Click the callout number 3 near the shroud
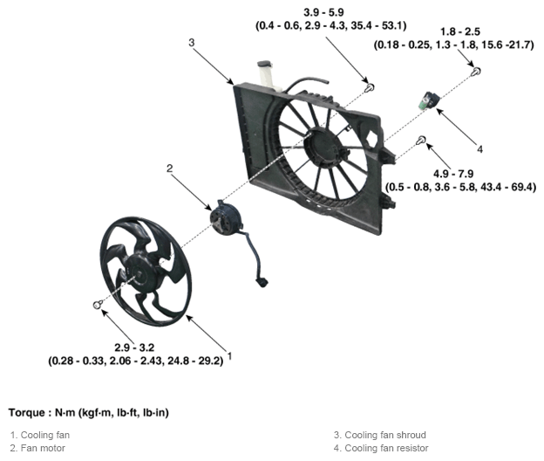pyautogui.click(x=192, y=43)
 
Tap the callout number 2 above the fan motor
pyautogui.click(x=169, y=169)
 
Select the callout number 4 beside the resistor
pyautogui.click(x=479, y=149)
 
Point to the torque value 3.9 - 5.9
pyautogui.click(x=323, y=12)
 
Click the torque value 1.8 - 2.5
pyautogui.click(x=460, y=32)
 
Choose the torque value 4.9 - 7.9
pyautogui.click(x=453, y=174)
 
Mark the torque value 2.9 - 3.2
pyautogui.click(x=134, y=347)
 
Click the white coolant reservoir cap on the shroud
pyautogui.click(x=264, y=64)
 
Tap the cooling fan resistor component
pyautogui.click(x=429, y=100)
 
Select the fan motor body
pyautogui.click(x=224, y=218)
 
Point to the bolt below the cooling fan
pyautogui.click(x=98, y=305)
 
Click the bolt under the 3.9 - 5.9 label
pyautogui.click(x=371, y=88)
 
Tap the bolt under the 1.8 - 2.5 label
pyautogui.click(x=476, y=72)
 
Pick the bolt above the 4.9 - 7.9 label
pyautogui.click(x=422, y=140)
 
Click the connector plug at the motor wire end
pyautogui.click(x=262, y=282)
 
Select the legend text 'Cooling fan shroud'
pyautogui.click(x=385, y=435)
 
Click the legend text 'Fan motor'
pyautogui.click(x=43, y=448)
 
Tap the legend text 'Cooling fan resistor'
pyautogui.click(x=386, y=448)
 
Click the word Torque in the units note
pyautogui.click(x=27, y=413)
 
